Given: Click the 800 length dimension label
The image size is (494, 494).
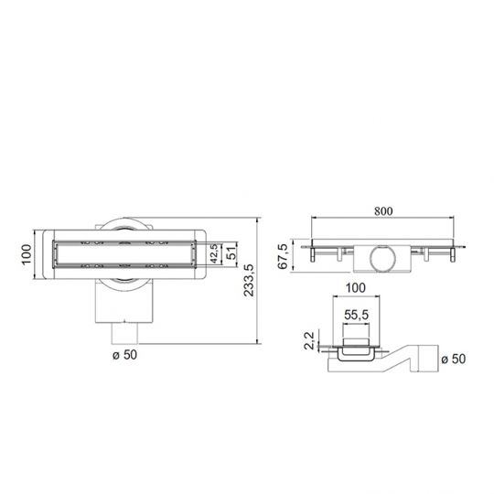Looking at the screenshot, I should pos(383,210).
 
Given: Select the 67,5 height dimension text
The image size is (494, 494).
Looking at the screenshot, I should pos(284,255).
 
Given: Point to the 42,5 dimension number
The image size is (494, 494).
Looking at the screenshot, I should pos(212,253).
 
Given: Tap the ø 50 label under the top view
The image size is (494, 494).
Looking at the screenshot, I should pos(124,354).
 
